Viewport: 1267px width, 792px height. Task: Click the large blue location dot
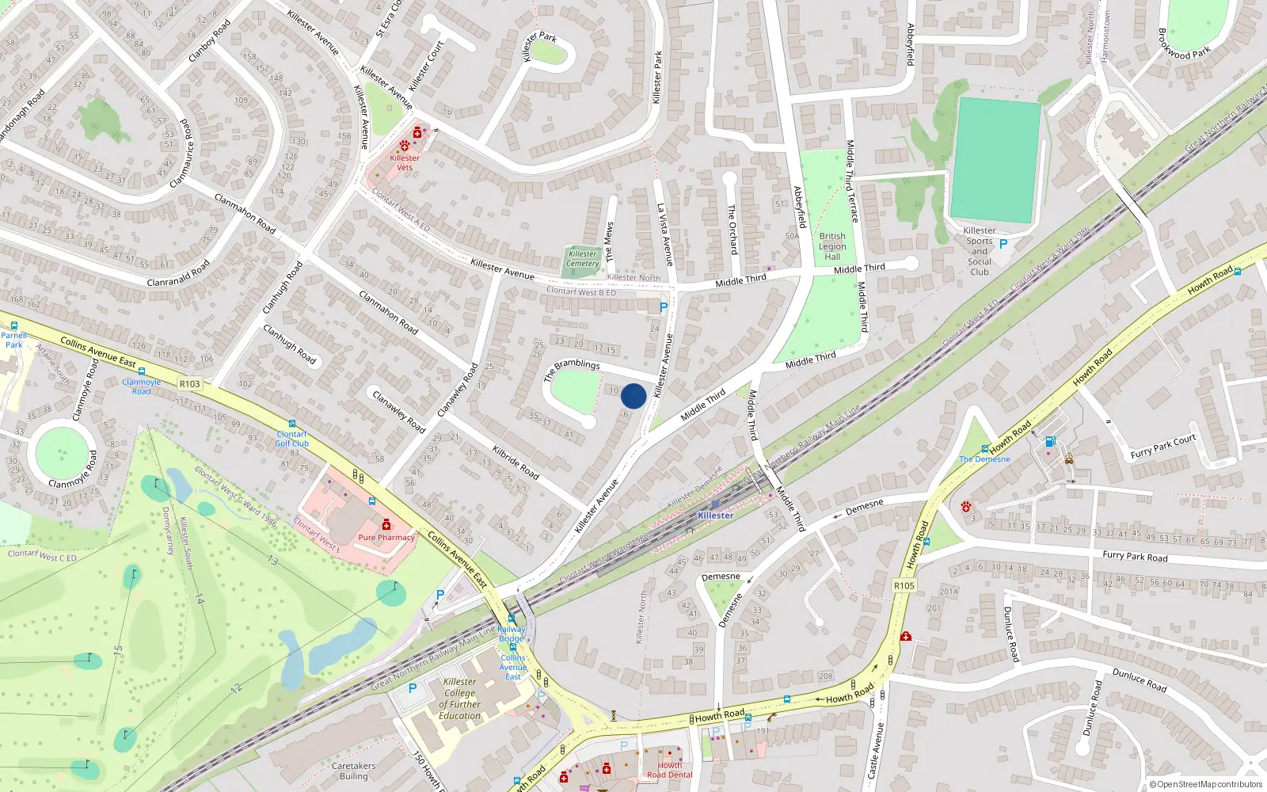633,396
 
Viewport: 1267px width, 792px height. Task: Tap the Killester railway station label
715,516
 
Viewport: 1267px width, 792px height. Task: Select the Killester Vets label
405,162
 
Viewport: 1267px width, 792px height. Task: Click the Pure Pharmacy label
386,537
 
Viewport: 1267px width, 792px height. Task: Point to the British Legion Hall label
832,246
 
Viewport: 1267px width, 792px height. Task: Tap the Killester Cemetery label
583,259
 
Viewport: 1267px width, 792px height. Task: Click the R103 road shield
190,384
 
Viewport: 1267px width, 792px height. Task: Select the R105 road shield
904,586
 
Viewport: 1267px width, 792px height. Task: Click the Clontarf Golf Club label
292,439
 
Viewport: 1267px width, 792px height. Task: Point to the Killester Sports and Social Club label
980,251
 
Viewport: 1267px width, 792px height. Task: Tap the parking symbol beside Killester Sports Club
1003,244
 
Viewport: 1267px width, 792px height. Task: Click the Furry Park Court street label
1163,447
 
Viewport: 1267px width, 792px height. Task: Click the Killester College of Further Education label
460,699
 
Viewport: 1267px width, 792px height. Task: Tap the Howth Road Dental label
669,770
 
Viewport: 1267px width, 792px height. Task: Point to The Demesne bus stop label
984,459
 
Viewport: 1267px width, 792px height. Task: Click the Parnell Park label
14,340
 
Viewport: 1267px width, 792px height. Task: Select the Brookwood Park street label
1185,44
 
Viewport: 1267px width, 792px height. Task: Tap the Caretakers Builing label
354,771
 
